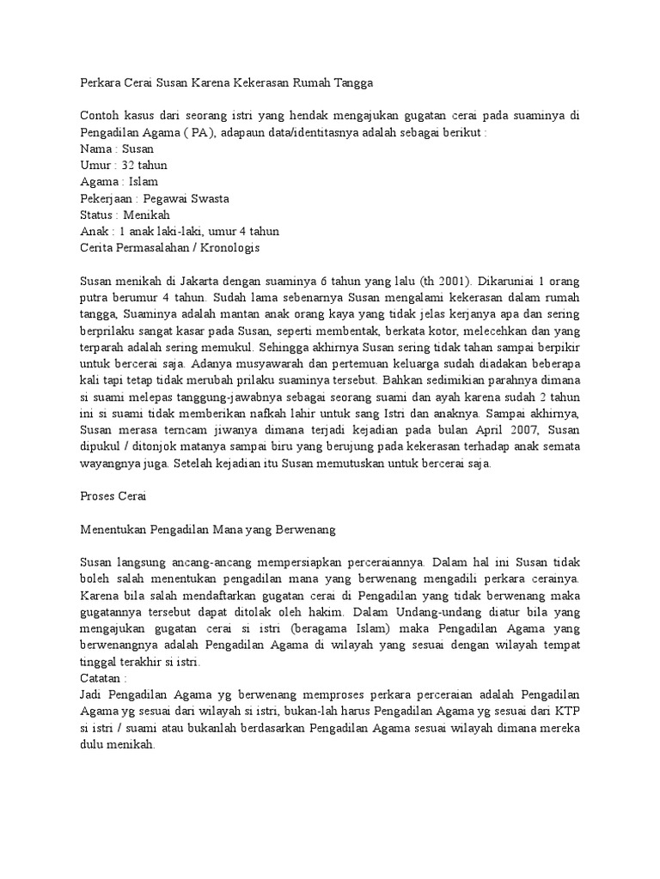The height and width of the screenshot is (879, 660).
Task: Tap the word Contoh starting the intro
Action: click(99, 116)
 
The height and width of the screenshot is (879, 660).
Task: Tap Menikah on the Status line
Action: click(146, 215)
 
